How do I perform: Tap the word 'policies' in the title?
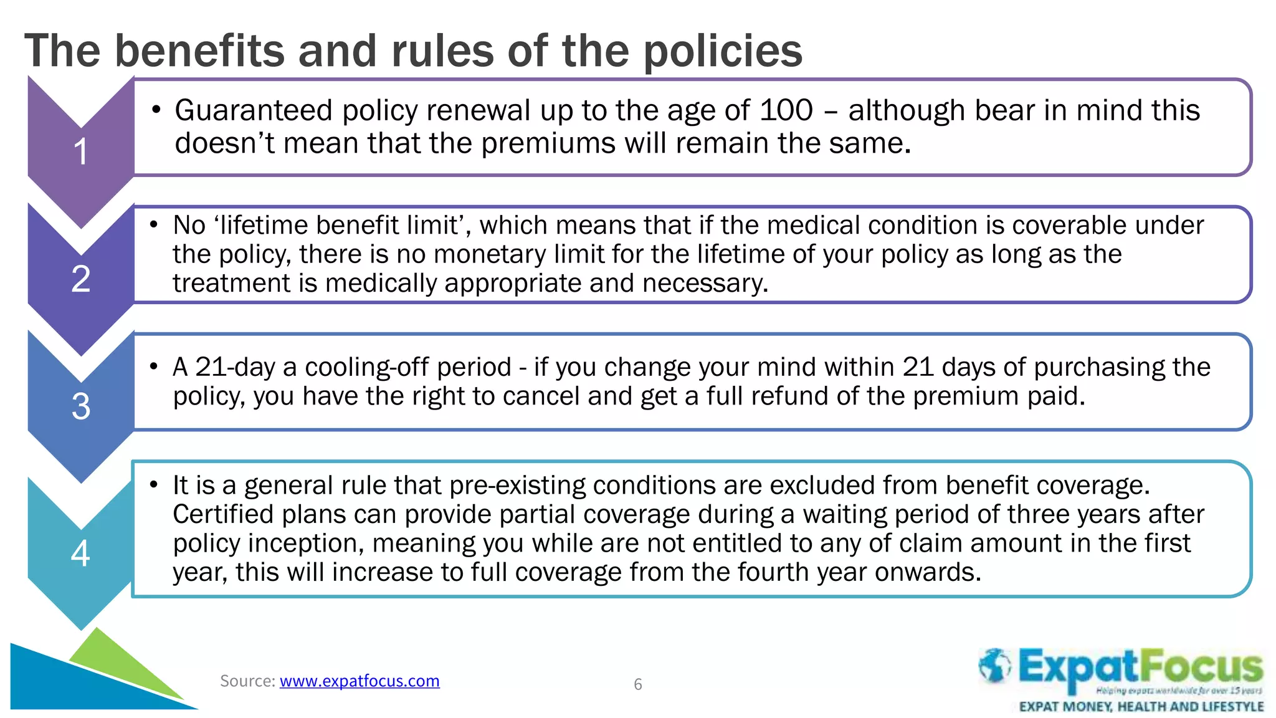pyautogui.click(x=723, y=51)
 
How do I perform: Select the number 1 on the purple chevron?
pyautogui.click(x=81, y=151)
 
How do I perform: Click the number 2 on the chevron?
pyautogui.click(x=81, y=279)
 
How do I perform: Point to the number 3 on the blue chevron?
pyautogui.click(x=81, y=406)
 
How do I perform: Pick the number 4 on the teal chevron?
pyautogui.click(x=80, y=553)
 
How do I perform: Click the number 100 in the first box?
pyautogui.click(x=786, y=110)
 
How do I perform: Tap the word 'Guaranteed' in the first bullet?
pyautogui.click(x=254, y=110)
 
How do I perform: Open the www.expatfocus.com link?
pyautogui.click(x=359, y=681)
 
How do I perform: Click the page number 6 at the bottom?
pyautogui.click(x=637, y=684)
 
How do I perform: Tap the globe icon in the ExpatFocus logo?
pyautogui.click(x=994, y=666)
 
